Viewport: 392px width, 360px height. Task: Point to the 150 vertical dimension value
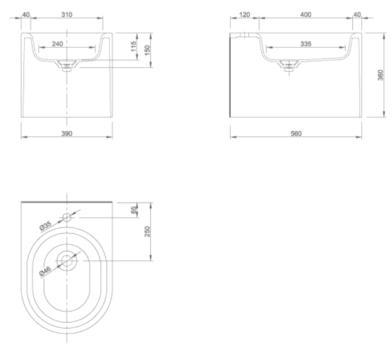point(147,50)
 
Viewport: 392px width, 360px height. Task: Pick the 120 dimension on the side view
point(244,14)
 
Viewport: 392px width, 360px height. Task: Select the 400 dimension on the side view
point(306,14)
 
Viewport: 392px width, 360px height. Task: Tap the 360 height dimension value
point(381,74)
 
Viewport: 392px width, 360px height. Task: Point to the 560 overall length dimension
point(296,134)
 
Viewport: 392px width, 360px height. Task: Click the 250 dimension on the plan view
point(147,231)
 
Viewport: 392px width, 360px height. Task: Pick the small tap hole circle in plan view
point(67,217)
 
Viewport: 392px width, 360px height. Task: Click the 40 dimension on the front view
point(26,14)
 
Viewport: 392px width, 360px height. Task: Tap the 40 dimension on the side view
point(357,14)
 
